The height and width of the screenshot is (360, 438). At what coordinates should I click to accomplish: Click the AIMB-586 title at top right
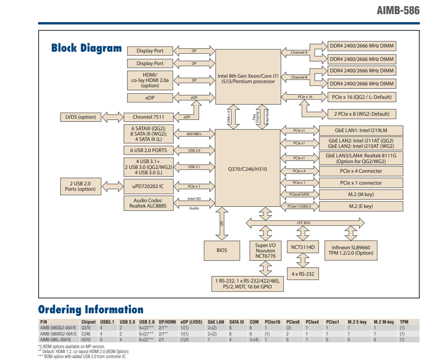(398, 10)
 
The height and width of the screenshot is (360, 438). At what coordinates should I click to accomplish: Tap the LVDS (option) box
(81, 117)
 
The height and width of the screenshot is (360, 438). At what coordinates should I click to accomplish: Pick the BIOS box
(222, 250)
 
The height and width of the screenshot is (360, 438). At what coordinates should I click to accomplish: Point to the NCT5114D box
(302, 247)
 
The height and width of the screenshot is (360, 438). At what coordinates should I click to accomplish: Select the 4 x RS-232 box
(302, 274)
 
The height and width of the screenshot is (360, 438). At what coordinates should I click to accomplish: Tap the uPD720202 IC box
(148, 186)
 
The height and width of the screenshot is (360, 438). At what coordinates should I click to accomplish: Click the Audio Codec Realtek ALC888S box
(148, 203)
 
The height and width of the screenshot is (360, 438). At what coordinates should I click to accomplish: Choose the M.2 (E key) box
(361, 206)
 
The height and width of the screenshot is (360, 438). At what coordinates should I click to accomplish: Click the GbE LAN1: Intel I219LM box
(361, 131)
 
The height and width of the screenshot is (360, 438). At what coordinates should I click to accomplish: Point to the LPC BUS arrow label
(304, 223)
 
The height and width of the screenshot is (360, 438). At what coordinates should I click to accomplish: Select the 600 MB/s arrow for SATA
(194, 134)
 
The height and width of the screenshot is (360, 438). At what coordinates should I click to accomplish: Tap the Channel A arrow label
(299, 52)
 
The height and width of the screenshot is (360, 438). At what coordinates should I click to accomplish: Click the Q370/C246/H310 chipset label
(247, 169)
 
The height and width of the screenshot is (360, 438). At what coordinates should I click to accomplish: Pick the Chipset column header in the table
(88, 322)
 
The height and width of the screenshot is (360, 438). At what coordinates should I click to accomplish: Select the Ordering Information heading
(91, 309)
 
